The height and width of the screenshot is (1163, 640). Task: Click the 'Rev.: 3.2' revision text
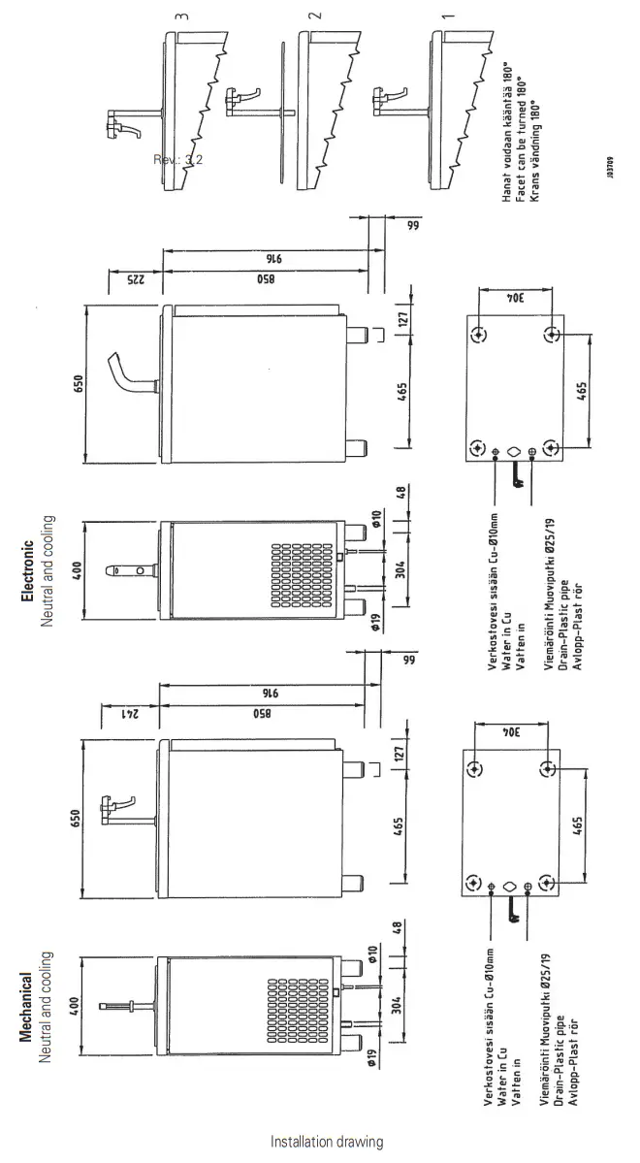click(177, 159)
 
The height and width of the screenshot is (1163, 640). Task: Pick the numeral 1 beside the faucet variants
click(609, 16)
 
